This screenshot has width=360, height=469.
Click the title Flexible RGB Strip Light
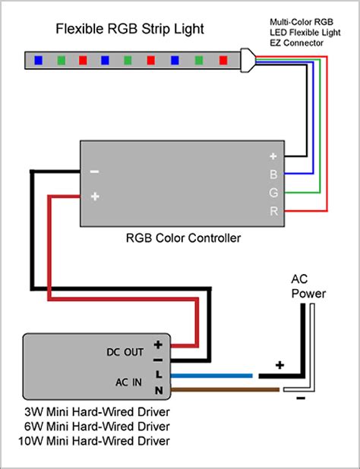130,30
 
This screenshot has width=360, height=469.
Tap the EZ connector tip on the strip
248,60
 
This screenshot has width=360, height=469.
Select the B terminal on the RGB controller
273,174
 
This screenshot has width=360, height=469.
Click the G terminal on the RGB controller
273,193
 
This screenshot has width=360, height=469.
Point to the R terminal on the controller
273,211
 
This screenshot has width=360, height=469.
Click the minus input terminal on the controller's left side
95,172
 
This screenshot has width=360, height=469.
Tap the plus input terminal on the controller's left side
95,197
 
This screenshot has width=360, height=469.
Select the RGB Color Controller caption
183,238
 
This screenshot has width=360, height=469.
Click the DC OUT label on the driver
125,352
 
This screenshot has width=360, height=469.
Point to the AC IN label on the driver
128,382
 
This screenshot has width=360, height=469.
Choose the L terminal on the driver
159,374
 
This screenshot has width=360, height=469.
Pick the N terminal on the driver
159,390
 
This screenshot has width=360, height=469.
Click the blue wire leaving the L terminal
211,376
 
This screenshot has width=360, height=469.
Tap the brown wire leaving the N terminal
225,389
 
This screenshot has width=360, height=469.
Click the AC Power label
308,287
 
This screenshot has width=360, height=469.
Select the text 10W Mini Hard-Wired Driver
94,441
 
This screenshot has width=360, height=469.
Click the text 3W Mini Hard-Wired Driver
97,412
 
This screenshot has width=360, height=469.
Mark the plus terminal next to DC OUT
158,345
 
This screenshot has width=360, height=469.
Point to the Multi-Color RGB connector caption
305,33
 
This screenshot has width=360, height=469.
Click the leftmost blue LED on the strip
39,61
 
